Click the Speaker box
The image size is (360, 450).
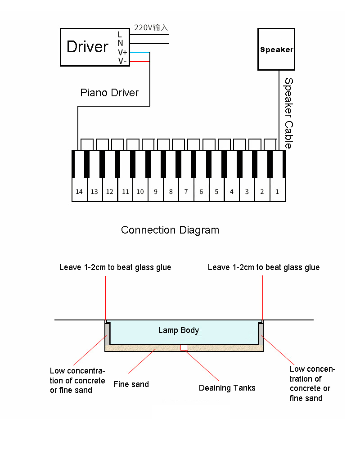coord(276,49)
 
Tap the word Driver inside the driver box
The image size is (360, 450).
coord(88,47)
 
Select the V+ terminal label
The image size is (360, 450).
coord(122,53)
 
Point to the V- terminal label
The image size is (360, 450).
coord(122,61)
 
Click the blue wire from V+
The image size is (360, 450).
coord(140,53)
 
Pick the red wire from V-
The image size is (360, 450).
coord(140,62)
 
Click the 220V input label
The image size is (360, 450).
coord(151,27)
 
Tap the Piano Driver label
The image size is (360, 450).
coord(109,93)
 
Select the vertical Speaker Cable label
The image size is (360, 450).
coord(288,113)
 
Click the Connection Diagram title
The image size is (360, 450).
coord(170,230)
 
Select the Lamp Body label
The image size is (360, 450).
coord(179,330)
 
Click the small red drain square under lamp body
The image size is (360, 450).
coord(184,347)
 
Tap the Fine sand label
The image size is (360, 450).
coord(131,384)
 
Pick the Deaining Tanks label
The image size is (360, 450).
coord(227,388)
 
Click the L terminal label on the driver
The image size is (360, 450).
coord(120,35)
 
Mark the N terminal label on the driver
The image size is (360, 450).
coord(120,43)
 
